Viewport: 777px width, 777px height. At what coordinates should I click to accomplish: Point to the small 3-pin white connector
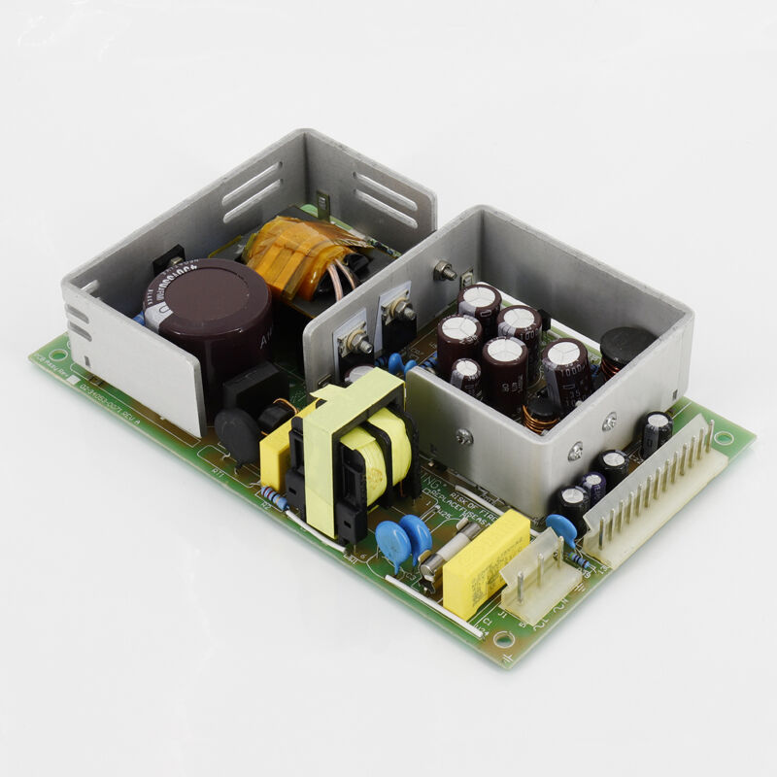pos(540,578)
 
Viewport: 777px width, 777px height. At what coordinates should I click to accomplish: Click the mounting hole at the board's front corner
pos(503,639)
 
